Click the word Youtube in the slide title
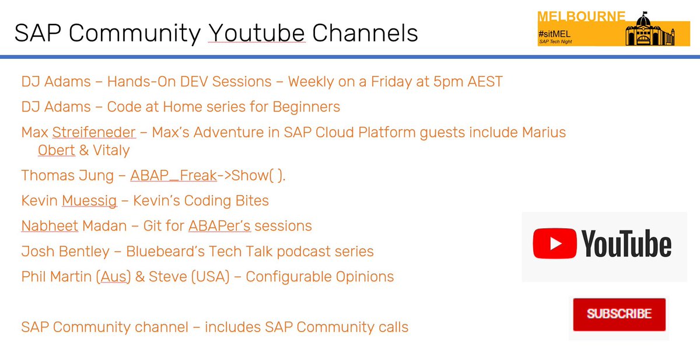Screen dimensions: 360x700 coord(257,33)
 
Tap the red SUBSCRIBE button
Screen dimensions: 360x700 coord(619,314)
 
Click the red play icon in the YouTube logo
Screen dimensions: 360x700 coord(555,243)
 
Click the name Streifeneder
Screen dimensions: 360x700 coord(94,132)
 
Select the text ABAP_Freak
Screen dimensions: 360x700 coord(173,176)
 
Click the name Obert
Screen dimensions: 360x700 coord(56,151)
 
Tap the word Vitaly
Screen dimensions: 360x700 coord(111,151)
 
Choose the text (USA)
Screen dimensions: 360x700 coord(211,276)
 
